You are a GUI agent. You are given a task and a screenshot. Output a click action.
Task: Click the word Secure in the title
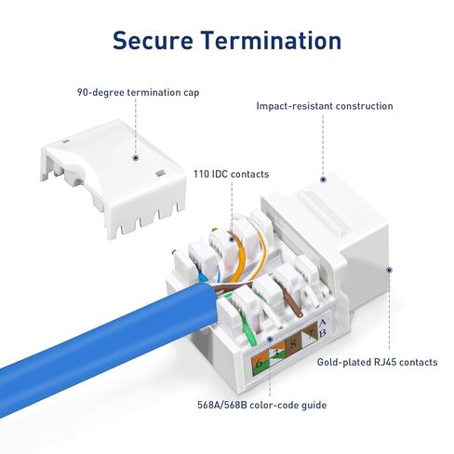153,40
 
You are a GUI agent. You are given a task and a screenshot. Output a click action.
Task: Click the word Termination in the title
272,40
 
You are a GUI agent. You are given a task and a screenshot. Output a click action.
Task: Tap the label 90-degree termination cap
138,92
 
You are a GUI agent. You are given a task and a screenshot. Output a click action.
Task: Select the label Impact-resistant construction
325,106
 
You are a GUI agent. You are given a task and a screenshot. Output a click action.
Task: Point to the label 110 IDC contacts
231,174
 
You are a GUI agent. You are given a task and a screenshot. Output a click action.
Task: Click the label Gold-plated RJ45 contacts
377,362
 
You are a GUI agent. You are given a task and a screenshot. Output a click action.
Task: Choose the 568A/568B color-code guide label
262,405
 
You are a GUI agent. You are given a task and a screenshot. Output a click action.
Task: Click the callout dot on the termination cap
135,158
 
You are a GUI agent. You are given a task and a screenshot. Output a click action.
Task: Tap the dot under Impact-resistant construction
323,180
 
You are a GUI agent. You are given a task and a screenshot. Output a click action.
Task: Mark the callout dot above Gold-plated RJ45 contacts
389,270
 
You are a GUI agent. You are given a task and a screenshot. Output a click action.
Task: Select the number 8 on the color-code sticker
292,344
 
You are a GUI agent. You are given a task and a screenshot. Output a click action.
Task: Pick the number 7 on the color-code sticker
310,335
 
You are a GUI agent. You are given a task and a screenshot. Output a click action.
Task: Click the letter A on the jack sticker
323,323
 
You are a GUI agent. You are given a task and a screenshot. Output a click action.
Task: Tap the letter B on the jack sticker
323,333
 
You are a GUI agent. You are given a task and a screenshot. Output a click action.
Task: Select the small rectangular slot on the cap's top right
160,173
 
